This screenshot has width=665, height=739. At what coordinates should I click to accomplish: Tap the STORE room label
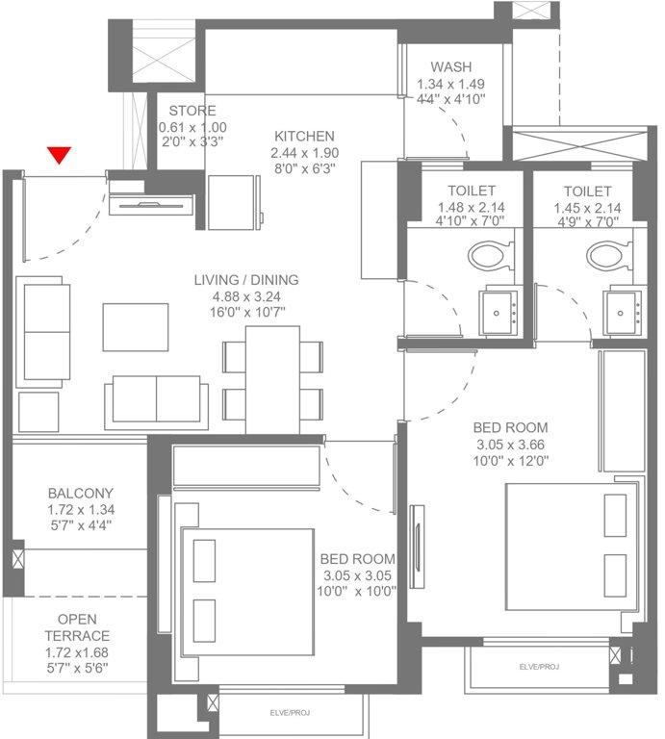tap(192, 111)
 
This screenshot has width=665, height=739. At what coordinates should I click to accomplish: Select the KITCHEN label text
tap(303, 136)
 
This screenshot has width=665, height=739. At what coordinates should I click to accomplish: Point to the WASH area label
tap(450, 67)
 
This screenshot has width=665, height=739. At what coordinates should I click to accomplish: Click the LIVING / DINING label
tap(246, 280)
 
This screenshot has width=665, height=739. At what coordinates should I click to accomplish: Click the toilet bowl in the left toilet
tap(491, 256)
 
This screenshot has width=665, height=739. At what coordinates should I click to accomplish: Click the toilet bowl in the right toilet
tap(607, 256)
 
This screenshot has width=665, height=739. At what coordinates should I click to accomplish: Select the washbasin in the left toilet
tap(500, 310)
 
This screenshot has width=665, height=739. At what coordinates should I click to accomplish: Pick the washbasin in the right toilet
tap(624, 311)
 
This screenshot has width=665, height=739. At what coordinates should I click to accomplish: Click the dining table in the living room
tap(272, 380)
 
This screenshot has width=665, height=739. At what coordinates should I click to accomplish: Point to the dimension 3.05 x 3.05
tap(358, 575)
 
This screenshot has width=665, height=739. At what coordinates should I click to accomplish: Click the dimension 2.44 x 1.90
tap(304, 152)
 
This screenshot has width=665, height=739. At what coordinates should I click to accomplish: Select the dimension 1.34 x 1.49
tap(450, 84)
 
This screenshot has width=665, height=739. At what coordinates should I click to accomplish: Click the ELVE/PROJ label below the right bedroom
tap(538, 666)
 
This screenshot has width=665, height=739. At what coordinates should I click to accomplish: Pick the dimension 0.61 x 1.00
tap(192, 126)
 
